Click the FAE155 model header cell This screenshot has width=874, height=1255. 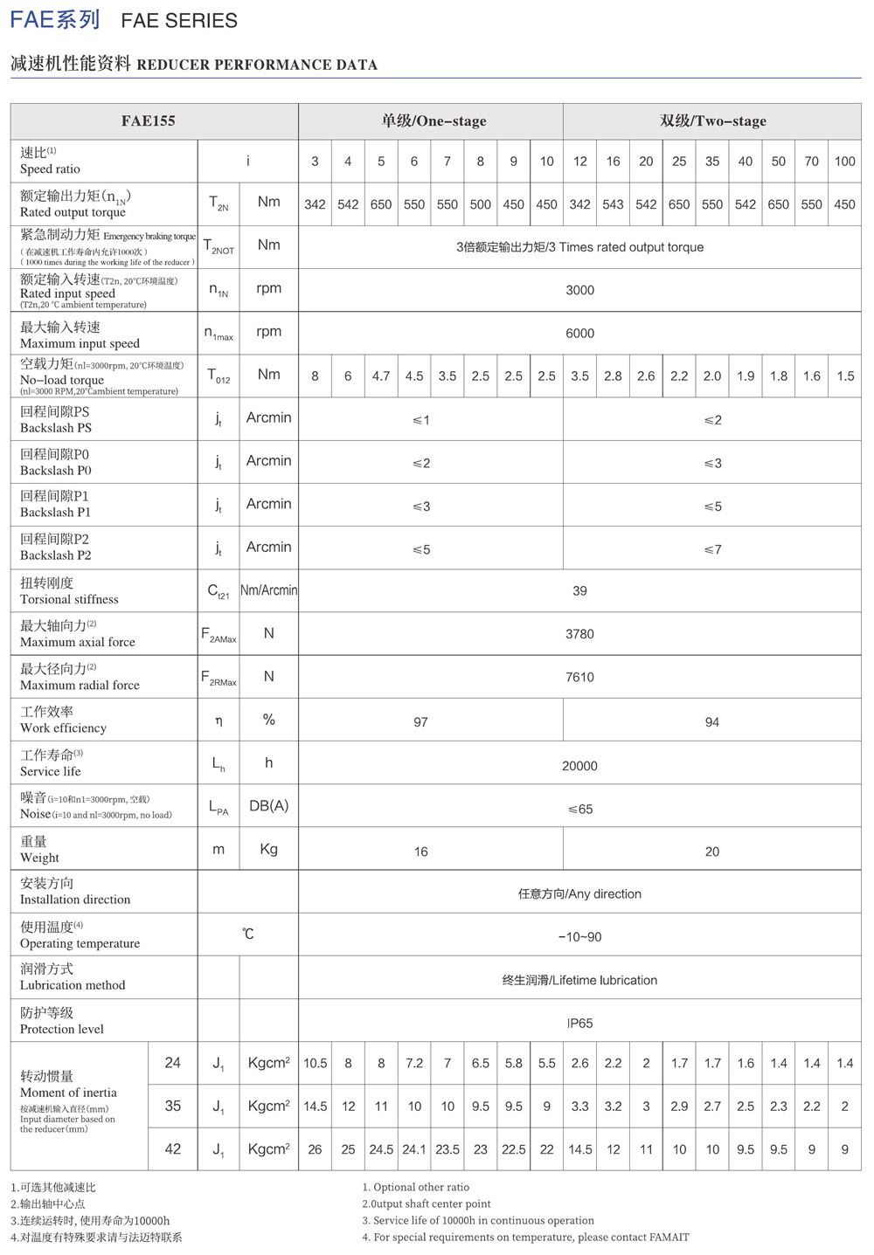(149, 121)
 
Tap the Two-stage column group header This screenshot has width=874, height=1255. (713, 121)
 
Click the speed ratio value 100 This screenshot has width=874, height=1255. (844, 161)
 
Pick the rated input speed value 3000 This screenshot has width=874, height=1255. (579, 290)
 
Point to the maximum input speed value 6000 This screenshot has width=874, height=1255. (579, 333)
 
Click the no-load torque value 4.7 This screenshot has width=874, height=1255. (381, 376)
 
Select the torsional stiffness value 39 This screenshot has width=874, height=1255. (579, 590)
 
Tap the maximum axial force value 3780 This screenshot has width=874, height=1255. (579, 634)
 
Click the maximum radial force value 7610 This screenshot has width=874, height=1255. (579, 677)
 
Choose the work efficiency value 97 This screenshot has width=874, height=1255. (420, 722)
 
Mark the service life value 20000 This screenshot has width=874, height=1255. (579, 766)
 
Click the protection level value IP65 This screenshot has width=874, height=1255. (579, 1023)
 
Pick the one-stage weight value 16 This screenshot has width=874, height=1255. (420, 852)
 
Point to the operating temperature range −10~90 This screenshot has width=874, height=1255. (579, 937)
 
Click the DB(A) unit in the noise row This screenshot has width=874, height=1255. (268, 806)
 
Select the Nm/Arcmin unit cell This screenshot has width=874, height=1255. (268, 590)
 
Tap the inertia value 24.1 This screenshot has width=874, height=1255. (414, 1149)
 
